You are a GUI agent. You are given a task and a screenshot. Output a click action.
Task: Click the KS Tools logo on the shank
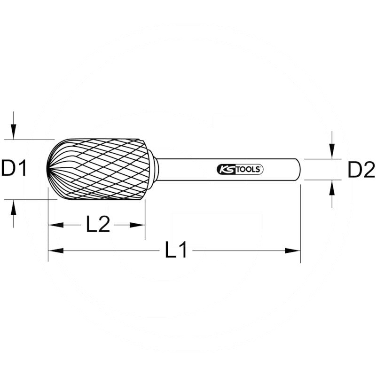tap(240, 170)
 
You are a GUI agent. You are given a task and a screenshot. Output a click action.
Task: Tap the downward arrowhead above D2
tap(332, 153)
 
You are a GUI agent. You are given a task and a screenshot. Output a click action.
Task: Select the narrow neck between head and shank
tap(155, 169)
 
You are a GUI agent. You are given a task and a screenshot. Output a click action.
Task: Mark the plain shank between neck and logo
tap(186, 170)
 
